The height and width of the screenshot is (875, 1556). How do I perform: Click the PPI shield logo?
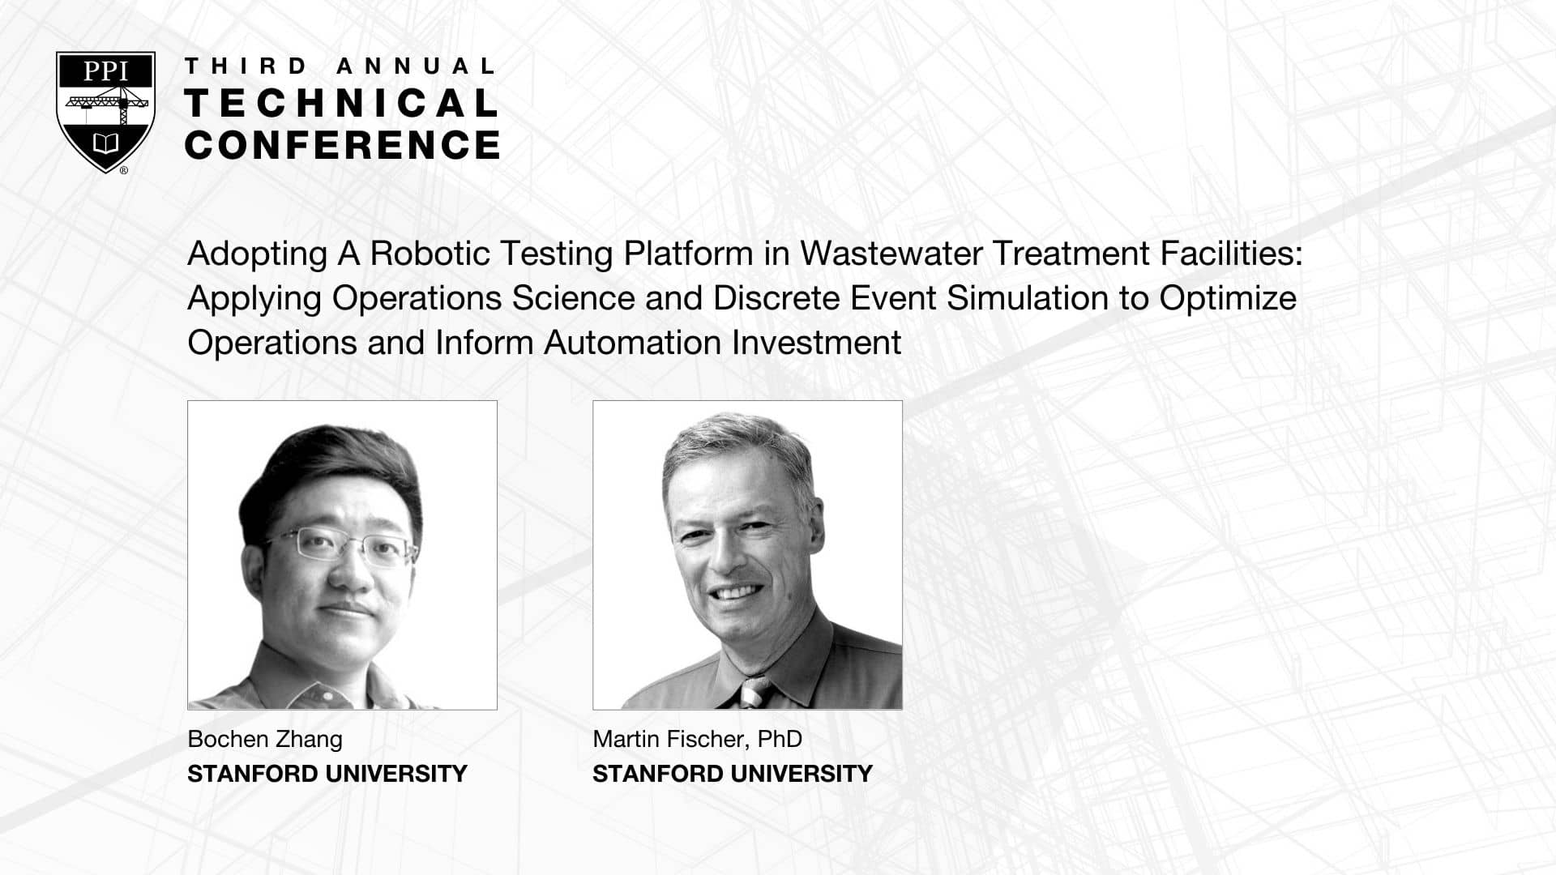point(105,112)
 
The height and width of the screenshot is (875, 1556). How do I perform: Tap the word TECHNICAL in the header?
point(341,103)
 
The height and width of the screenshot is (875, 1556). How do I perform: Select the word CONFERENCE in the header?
point(342,144)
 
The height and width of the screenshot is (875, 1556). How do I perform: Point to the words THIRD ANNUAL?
point(340,66)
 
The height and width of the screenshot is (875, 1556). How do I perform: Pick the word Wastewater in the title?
point(891,254)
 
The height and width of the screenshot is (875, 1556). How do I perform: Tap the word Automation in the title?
point(632,343)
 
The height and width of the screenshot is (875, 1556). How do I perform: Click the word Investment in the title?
point(816,343)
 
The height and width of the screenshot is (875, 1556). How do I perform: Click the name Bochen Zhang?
point(265,740)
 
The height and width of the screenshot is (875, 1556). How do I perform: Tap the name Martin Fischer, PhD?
point(697,739)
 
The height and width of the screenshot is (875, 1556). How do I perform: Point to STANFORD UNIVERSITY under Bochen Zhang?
point(327,774)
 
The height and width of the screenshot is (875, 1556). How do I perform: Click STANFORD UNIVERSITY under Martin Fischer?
point(733,774)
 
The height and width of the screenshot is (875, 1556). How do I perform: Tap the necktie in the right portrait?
point(754,692)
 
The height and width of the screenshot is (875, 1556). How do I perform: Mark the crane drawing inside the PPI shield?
point(106,103)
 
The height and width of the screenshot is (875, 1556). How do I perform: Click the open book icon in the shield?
point(106,144)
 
